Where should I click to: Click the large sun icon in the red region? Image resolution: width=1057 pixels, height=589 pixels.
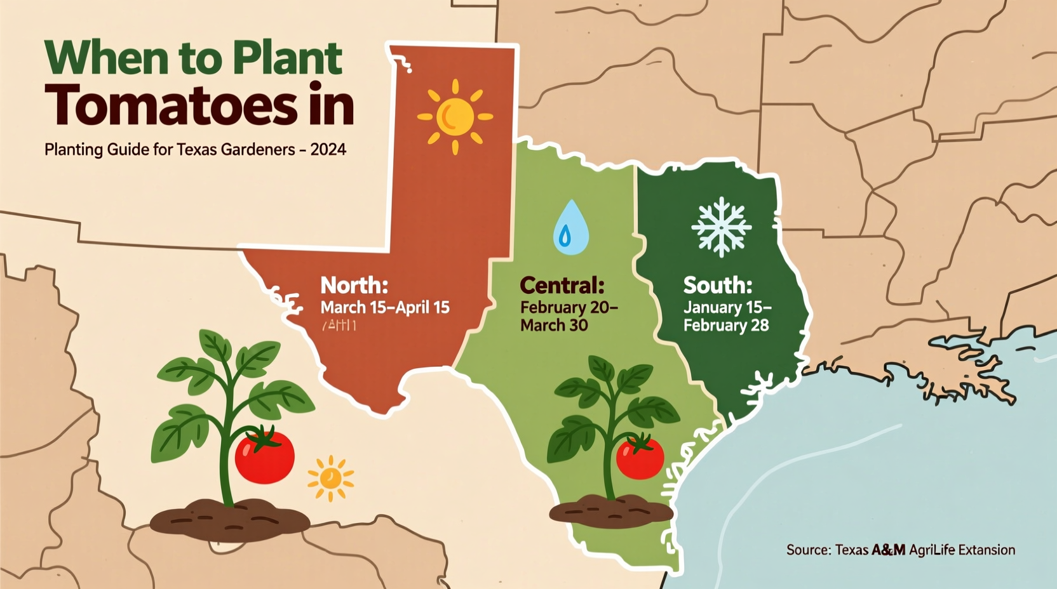tap(455, 117)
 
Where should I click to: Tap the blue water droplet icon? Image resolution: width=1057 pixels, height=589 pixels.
tap(570, 228)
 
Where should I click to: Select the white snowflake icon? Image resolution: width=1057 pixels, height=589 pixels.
tap(722, 227)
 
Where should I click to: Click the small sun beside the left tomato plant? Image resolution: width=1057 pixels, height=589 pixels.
tap(330, 478)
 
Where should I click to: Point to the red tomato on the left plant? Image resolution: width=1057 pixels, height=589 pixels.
tap(264, 456)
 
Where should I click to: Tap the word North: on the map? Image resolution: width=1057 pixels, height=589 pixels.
tap(354, 285)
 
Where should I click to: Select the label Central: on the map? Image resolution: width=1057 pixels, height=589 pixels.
tap(562, 286)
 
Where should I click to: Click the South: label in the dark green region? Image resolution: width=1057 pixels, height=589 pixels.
tap(718, 286)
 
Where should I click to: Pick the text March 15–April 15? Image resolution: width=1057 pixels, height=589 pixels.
tap(385, 308)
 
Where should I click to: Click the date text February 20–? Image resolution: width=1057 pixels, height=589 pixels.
tap(569, 308)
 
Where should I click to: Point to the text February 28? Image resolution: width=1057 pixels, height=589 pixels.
tap(726, 326)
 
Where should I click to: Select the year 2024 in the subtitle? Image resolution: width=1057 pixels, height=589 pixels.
tap(328, 150)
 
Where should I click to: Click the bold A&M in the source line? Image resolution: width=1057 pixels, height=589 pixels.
tap(888, 550)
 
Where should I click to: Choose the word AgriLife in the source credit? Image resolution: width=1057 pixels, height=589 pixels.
tap(932, 550)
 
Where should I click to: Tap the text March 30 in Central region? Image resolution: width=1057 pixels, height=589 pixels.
tap(554, 326)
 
